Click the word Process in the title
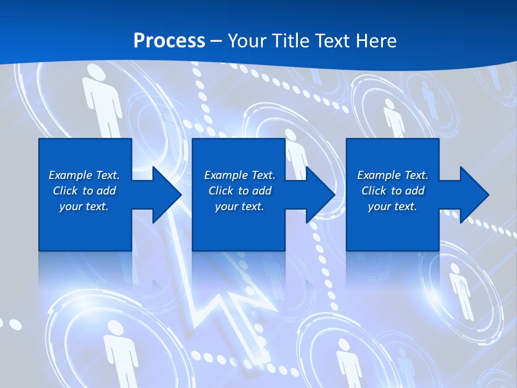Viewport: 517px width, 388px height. click(x=169, y=41)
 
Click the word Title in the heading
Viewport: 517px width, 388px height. click(x=288, y=41)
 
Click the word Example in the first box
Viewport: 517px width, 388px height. click(x=71, y=175)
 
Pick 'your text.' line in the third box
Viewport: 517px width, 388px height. click(x=392, y=206)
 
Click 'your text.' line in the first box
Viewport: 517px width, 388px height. click(x=84, y=206)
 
